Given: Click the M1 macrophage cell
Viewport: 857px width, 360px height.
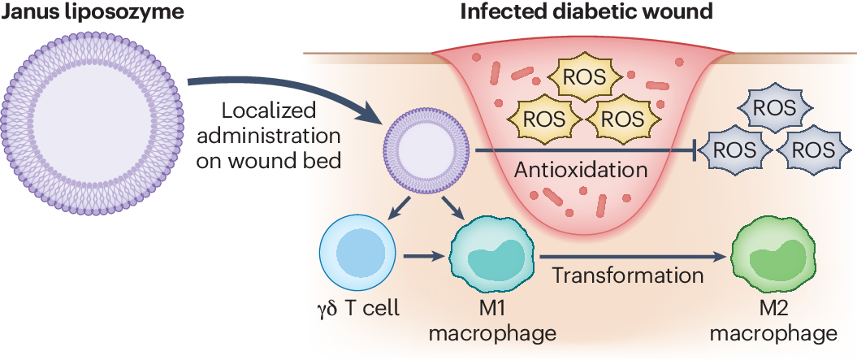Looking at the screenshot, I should pyautogui.click(x=486, y=257).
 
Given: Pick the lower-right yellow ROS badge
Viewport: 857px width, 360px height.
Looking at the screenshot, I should pyautogui.click(x=625, y=118).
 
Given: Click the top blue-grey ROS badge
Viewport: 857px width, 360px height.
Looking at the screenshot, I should pyautogui.click(x=773, y=107).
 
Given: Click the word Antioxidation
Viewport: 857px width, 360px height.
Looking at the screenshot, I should pyautogui.click(x=586, y=171).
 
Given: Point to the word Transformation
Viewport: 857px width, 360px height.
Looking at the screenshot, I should pyautogui.click(x=628, y=275).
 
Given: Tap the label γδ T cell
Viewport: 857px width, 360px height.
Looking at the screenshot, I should pyautogui.click(x=357, y=310).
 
